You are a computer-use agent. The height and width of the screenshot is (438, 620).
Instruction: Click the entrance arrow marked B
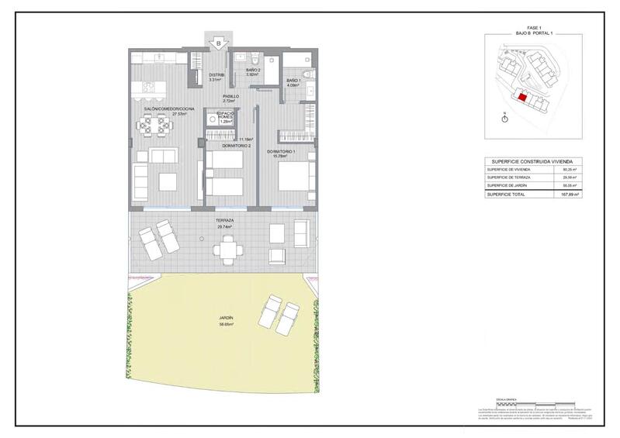220,43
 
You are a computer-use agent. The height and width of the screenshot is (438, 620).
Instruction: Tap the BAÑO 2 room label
253,71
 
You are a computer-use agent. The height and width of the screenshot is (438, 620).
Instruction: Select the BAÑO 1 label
293,81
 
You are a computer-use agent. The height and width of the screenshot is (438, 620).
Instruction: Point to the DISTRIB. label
216,75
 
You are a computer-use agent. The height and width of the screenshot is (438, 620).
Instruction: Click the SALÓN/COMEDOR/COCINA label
164,109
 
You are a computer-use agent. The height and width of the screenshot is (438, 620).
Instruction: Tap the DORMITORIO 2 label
237,146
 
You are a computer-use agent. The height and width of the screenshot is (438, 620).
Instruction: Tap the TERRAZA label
226,220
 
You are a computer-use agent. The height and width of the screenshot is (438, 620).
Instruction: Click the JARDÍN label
226,319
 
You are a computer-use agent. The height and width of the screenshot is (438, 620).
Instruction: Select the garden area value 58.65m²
226,326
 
